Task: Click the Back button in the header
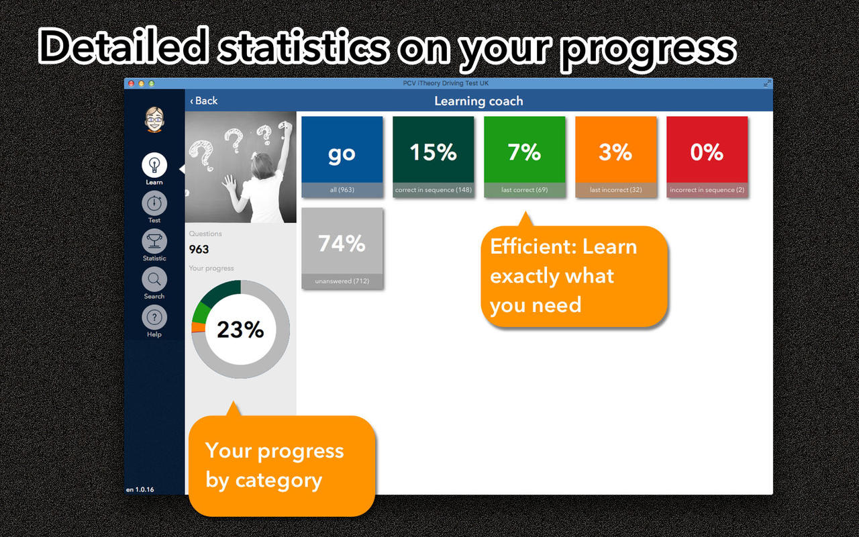203,101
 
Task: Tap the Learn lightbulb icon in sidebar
154,165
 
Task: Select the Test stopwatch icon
154,203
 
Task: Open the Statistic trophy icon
154,241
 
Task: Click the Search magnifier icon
154,279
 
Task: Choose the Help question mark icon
154,318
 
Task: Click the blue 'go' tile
342,157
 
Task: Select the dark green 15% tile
434,157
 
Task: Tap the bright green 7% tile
525,157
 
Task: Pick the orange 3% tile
616,157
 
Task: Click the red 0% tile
707,157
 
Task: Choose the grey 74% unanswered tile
342,248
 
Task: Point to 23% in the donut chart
240,330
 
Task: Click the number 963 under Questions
199,249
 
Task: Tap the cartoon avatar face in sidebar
154,119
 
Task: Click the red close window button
131,83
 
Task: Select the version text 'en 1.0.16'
140,489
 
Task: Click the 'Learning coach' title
478,101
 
